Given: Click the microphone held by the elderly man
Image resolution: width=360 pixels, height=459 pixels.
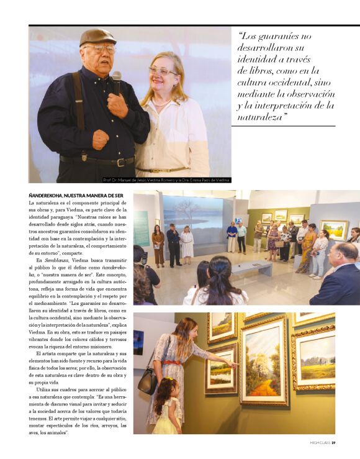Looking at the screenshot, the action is (116, 80).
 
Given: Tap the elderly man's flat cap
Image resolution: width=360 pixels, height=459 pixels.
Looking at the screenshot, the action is (97, 37).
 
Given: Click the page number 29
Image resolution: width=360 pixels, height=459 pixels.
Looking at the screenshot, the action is (333, 443).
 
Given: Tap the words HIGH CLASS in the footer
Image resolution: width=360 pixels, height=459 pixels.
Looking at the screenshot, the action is (320, 443).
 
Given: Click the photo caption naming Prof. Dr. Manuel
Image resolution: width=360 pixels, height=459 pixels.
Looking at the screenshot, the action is (166, 180).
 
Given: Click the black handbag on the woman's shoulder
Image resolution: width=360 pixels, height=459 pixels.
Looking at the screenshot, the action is (148, 379).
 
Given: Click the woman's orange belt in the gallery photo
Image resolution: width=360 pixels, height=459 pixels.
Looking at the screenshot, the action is (172, 362).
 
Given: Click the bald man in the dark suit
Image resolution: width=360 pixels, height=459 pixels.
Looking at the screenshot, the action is (338, 273).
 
